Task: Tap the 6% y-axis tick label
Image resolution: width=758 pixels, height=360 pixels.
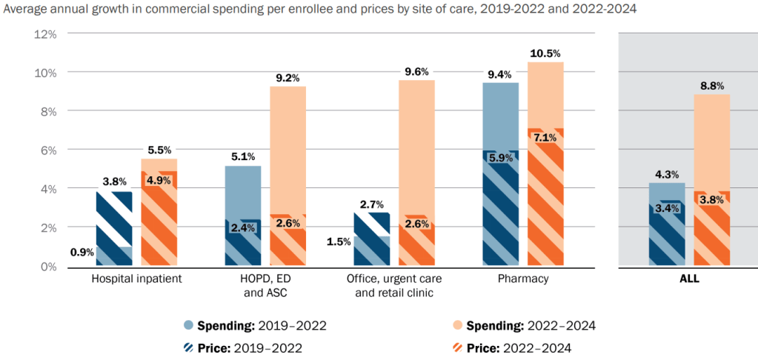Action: pos(49,150)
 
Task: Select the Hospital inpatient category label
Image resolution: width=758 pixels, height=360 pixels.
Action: pos(136,279)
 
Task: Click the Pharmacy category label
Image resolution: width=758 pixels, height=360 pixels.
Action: pos(523,279)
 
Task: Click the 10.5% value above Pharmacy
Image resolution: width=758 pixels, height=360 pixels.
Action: pos(545,53)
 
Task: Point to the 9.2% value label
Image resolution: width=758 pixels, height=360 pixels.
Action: pos(287,78)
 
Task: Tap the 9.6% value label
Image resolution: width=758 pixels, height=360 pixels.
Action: pos(416,72)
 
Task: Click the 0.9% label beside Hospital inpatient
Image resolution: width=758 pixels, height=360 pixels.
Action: pos(82,252)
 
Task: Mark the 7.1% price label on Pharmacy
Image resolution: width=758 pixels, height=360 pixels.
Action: pos(545,138)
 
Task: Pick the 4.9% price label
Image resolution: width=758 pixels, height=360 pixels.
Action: pos(159,181)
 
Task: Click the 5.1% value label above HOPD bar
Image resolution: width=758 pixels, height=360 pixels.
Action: pos(243,157)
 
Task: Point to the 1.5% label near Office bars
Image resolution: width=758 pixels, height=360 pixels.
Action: pos(339,242)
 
